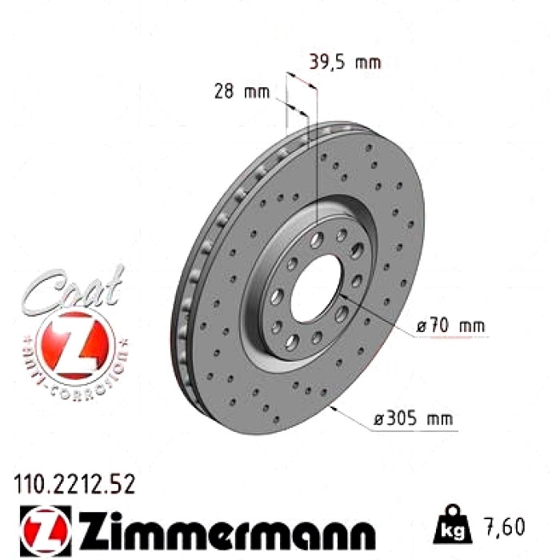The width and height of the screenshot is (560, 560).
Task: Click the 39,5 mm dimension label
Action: point(345,62)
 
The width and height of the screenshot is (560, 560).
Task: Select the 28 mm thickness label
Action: point(242,92)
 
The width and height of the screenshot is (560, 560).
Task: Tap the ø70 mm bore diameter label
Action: point(450,326)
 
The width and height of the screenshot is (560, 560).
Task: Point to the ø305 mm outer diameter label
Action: point(413,418)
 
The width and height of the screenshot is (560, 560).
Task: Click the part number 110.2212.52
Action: point(74,484)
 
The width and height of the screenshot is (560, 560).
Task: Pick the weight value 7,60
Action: point(505,526)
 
